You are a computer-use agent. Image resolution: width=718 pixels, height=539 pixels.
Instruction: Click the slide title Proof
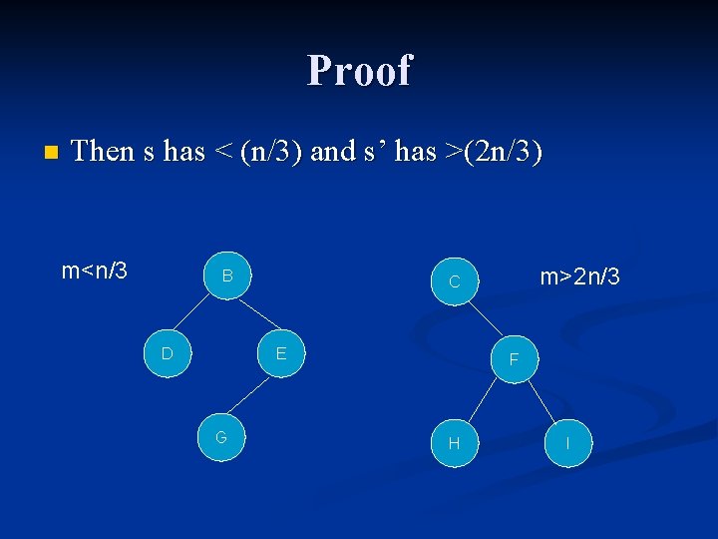pos(359,71)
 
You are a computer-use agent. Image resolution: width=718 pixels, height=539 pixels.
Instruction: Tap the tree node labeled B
pos(227,275)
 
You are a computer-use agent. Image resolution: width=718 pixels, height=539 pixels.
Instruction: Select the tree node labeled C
pos(454,282)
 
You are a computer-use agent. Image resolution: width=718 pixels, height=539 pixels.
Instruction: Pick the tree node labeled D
pos(168,353)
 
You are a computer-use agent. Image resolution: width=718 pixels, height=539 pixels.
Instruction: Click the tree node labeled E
pos(281,353)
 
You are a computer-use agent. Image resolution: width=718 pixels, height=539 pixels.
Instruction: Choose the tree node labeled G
pos(221,437)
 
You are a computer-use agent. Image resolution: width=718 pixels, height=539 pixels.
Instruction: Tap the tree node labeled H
pos(454,442)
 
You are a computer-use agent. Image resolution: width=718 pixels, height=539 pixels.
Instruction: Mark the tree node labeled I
pos(567,442)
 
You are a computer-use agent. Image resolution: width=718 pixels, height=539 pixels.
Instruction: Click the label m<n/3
pos(95,270)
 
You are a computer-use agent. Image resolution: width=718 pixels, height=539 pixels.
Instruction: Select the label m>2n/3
pos(579,276)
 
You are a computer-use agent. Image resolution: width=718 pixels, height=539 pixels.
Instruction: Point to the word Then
pos(104,151)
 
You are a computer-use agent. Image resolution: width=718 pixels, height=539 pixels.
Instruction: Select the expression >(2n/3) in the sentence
pos(495,152)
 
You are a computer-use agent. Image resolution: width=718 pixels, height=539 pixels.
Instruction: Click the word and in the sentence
pos(333,152)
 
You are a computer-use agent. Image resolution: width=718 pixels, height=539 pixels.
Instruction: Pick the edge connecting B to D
pos(197,314)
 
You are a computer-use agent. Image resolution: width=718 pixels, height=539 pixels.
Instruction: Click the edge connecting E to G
pos(251,395)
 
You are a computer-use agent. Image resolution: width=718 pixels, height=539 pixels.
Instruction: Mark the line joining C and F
pos(484,320)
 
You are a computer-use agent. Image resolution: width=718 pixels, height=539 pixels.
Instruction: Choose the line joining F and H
pos(484,400)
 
